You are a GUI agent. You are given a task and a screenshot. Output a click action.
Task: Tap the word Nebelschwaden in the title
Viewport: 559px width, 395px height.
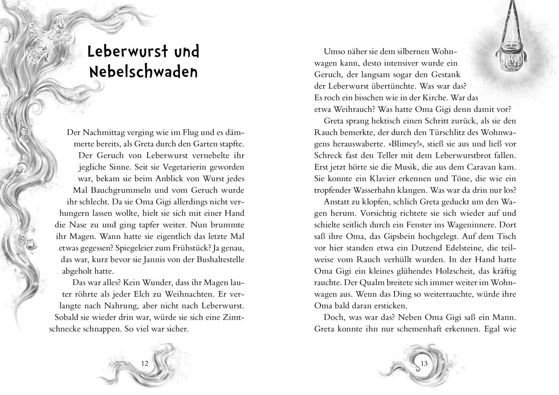pyautogui.click(x=144, y=72)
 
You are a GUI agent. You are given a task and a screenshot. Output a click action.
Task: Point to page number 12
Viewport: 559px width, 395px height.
pyautogui.click(x=145, y=363)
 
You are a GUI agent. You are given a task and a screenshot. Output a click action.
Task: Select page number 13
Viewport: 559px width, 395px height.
pyautogui.click(x=424, y=364)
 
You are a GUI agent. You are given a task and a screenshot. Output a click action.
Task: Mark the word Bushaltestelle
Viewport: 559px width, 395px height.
pyautogui.click(x=216, y=259)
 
